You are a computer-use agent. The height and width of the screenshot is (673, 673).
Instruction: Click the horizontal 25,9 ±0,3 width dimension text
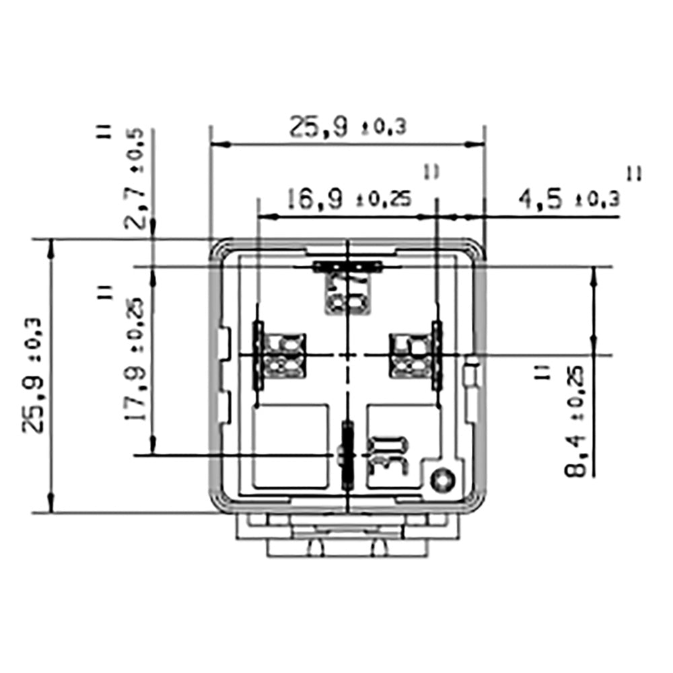click(347, 127)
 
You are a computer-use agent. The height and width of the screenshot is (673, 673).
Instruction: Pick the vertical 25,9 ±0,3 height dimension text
click(34, 375)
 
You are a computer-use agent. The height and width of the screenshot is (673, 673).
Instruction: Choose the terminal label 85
click(410, 355)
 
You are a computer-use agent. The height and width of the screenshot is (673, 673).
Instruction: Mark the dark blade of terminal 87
click(348, 267)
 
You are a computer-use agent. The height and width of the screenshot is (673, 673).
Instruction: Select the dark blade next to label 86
click(258, 355)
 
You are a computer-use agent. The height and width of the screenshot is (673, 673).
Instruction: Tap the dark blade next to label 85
click(437, 355)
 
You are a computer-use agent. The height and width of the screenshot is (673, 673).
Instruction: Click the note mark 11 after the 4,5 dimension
click(633, 174)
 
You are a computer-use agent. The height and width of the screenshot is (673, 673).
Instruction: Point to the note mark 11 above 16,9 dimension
click(431, 172)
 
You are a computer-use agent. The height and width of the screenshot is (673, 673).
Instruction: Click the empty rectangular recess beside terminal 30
click(291, 446)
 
